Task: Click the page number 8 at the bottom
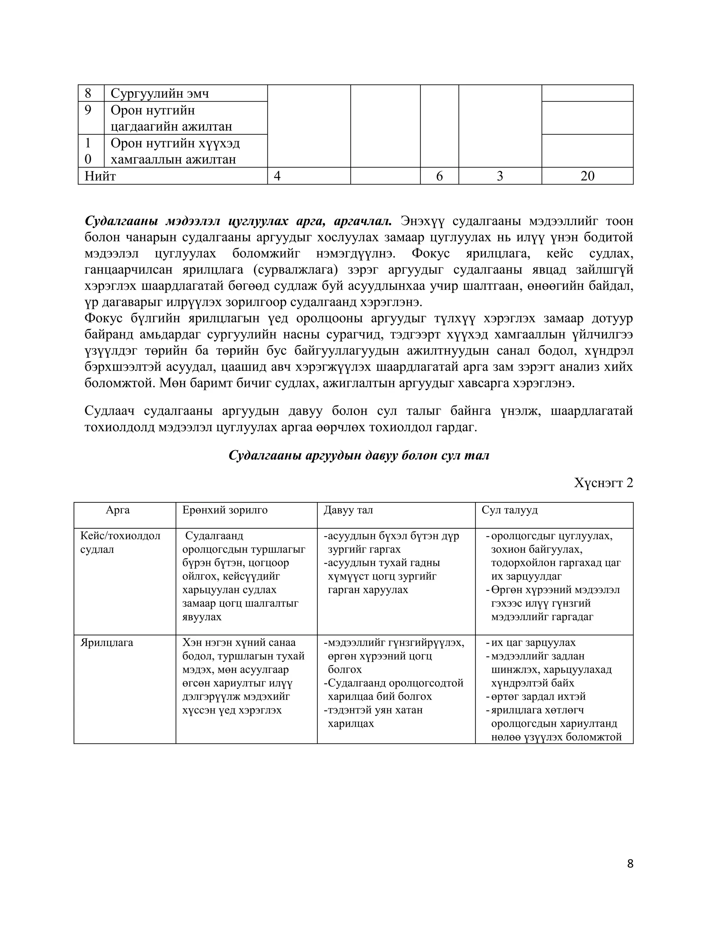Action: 630,863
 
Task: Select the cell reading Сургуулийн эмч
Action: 160,93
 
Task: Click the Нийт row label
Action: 100,176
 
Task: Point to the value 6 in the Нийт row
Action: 439,176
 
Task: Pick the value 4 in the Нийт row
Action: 277,176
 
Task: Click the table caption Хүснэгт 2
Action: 603,483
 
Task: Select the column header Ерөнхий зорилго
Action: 225,510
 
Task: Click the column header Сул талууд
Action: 509,510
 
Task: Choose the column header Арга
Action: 118,510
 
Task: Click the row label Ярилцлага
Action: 107,642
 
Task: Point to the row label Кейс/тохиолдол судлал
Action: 120,542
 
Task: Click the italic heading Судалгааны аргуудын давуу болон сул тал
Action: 359,456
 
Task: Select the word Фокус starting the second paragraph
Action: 102,318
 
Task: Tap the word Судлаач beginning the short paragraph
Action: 109,411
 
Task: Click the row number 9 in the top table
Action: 88,110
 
